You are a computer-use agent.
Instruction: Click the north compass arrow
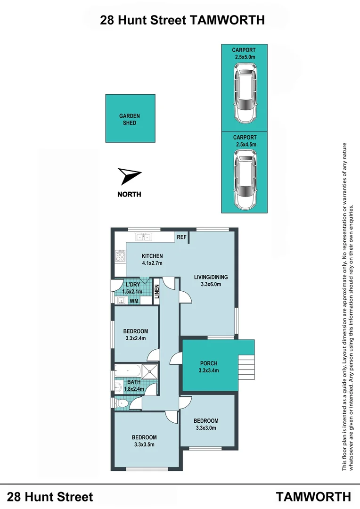(129, 176)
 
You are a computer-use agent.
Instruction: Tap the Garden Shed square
(130, 118)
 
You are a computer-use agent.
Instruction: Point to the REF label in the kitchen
(181, 238)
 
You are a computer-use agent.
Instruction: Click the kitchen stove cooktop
(120, 257)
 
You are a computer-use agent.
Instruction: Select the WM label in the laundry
(133, 301)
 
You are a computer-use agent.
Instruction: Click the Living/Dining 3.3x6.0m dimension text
(208, 284)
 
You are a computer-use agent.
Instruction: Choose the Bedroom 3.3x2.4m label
(136, 334)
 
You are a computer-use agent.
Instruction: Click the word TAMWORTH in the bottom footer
(313, 497)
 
